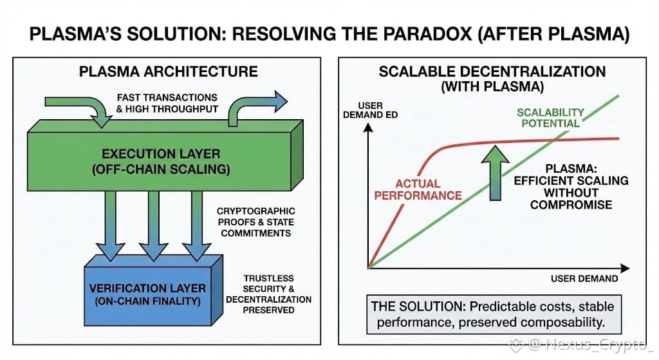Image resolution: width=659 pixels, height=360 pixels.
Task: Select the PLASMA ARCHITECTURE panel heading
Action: [x=168, y=71]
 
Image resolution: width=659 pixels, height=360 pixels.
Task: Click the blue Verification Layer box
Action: [x=147, y=295]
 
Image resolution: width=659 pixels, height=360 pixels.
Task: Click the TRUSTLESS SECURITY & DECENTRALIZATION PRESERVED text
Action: [x=269, y=294]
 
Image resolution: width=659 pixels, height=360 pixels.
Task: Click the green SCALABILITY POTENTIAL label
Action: [x=551, y=117]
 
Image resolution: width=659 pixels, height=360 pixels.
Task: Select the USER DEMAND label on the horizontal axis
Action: [x=584, y=278]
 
